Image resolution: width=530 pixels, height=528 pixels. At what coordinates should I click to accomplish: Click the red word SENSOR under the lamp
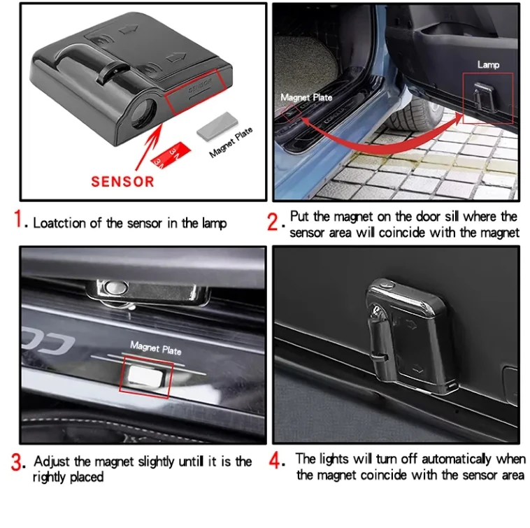click(x=122, y=181)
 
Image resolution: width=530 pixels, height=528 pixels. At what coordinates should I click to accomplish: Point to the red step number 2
click(x=275, y=223)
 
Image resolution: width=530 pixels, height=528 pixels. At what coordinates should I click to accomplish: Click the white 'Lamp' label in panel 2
click(x=488, y=64)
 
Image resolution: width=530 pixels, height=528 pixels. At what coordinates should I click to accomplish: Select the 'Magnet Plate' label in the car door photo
click(x=306, y=97)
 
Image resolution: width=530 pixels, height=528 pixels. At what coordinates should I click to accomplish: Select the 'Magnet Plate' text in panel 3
click(x=155, y=347)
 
